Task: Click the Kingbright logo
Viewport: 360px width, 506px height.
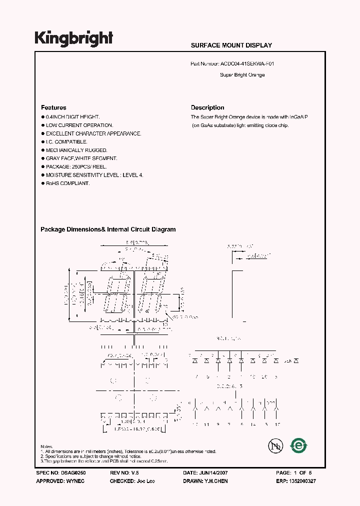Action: tap(73, 38)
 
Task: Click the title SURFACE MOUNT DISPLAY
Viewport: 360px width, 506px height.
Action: tap(231, 45)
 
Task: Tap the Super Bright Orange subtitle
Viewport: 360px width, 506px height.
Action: tap(242, 75)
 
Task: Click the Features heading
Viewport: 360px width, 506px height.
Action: tap(53, 107)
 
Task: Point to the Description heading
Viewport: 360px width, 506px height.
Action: tap(207, 107)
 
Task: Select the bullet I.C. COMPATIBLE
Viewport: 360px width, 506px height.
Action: tap(66, 142)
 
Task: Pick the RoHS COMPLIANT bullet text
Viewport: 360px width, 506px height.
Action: tap(67, 183)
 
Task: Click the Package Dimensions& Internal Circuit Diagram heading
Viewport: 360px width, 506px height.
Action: tap(108, 229)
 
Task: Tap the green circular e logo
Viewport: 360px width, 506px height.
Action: tap(299, 445)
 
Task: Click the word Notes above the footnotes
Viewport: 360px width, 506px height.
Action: tap(46, 446)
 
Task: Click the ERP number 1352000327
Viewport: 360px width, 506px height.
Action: tap(302, 480)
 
